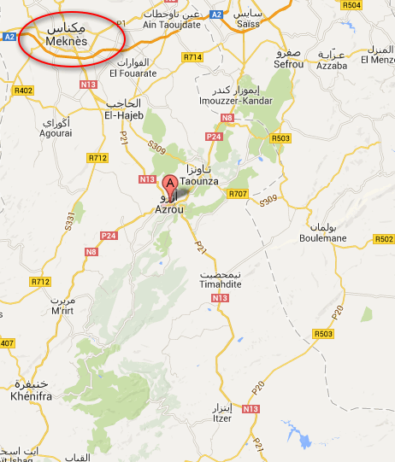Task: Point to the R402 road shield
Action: pyautogui.click(x=24, y=91)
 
